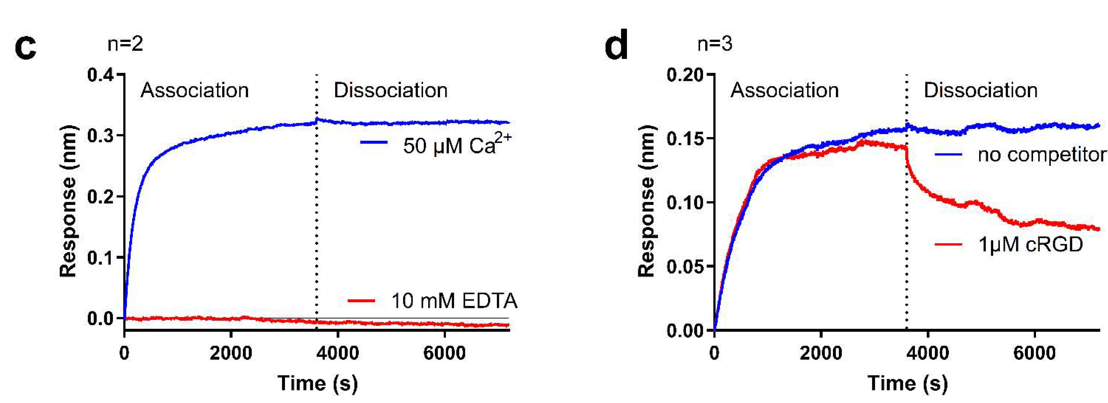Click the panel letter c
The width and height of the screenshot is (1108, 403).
pyautogui.click(x=26, y=47)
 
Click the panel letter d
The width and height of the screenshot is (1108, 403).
pyautogui.click(x=616, y=45)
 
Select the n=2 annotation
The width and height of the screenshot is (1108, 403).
pyautogui.click(x=125, y=44)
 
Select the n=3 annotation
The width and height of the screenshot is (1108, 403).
pyautogui.click(x=715, y=44)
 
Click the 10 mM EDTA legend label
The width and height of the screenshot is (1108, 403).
pyautogui.click(x=454, y=301)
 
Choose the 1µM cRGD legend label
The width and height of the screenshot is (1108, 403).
pyautogui.click(x=1030, y=245)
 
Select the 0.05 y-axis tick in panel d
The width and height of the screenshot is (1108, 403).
pyautogui.click(x=686, y=266)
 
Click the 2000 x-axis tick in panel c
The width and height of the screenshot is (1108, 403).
pyautogui.click(x=231, y=354)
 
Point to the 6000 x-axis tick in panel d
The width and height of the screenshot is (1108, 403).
pyautogui.click(x=1034, y=354)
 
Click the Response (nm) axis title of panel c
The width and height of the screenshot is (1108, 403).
pyautogui.click(x=68, y=201)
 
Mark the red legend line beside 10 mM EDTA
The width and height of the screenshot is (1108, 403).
pyautogui.click(x=361, y=301)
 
